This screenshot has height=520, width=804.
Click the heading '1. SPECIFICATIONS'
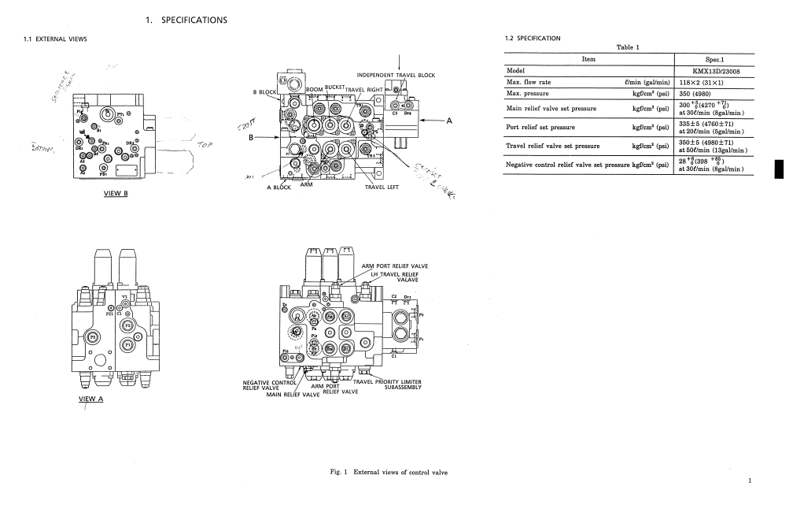186,20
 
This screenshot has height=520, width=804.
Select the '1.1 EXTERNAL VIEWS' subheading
54,39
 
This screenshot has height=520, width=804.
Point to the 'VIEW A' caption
90,399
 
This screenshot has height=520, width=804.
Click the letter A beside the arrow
449,121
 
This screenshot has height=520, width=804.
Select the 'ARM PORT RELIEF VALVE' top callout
394,266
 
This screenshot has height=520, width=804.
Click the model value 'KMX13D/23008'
715,71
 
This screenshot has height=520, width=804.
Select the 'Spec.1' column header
715,59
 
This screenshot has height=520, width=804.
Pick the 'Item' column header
588,59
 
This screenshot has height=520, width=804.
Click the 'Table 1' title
629,47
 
